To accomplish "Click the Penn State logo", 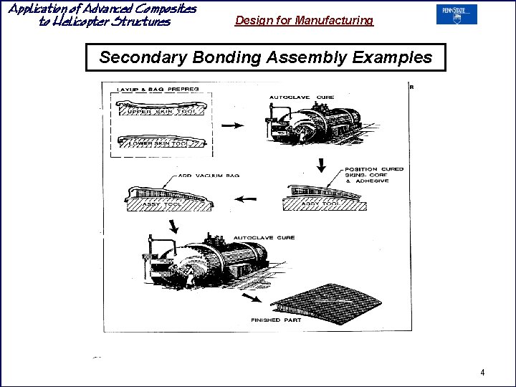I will (x=456, y=14).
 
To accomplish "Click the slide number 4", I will (x=482, y=372).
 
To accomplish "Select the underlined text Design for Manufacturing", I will (x=304, y=21).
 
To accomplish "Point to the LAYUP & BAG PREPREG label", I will (x=158, y=89).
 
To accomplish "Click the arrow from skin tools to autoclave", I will (x=232, y=125).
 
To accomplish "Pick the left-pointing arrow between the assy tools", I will (x=248, y=200).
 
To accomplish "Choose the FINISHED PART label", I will (x=275, y=320).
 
